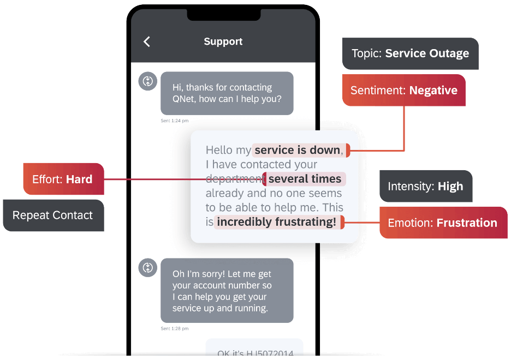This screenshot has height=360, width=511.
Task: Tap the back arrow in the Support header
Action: tap(146, 42)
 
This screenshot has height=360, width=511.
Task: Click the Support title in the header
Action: tap(223, 41)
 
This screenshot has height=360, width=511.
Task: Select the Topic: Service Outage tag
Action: tap(410, 53)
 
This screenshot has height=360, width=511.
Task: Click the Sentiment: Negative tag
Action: tap(403, 91)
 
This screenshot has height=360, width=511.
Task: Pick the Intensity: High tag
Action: tap(425, 187)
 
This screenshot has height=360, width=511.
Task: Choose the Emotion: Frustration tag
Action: tap(443, 223)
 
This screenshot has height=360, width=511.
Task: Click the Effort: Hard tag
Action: tap(63, 179)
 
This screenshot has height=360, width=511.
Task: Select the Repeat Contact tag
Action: tap(52, 215)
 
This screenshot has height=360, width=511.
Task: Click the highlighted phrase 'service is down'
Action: tap(298, 150)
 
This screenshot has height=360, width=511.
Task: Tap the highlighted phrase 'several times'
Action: tap(305, 179)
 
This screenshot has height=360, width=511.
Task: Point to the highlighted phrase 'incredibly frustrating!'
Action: tap(276, 222)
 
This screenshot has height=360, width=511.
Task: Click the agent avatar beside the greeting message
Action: tap(147, 81)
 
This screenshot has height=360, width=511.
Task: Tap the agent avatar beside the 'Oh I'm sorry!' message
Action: tap(147, 267)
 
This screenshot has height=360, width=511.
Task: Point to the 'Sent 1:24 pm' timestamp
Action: tap(174, 121)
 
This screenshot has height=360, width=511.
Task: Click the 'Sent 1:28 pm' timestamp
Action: tap(174, 329)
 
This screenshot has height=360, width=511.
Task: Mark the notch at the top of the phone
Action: tap(223, 15)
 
